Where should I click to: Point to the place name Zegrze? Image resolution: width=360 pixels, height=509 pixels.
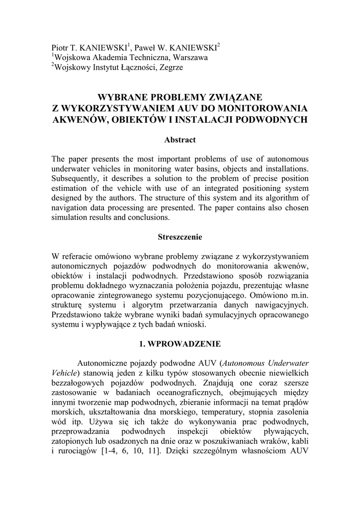(172, 68)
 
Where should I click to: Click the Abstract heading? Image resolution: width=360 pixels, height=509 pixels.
(180, 140)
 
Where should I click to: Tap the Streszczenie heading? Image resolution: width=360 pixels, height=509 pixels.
(180, 238)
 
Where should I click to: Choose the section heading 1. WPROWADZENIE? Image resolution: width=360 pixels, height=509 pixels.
(180, 343)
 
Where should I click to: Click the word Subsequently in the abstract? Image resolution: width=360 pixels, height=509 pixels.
(77, 179)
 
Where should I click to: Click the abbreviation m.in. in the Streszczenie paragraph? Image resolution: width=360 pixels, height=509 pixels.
(297, 295)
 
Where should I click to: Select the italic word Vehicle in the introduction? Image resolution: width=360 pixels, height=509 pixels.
(65, 373)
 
